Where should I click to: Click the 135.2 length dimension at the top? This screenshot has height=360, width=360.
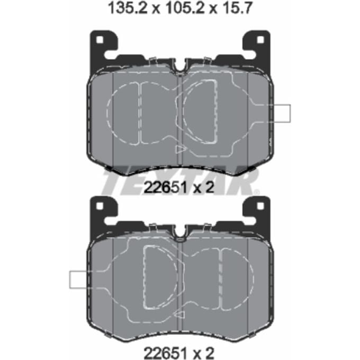click(x=128, y=8)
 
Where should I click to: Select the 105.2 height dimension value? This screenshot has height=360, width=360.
click(x=185, y=8)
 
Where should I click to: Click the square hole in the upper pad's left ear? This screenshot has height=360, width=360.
click(x=100, y=40)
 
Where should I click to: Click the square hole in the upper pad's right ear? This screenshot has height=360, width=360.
click(x=260, y=40)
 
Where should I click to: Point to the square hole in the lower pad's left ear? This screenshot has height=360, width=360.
click(x=100, y=206)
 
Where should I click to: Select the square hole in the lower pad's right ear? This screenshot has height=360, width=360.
click(x=260, y=206)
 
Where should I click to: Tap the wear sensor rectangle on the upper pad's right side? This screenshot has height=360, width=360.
click(x=281, y=113)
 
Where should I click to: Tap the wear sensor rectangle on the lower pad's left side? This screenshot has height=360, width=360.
click(x=79, y=280)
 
